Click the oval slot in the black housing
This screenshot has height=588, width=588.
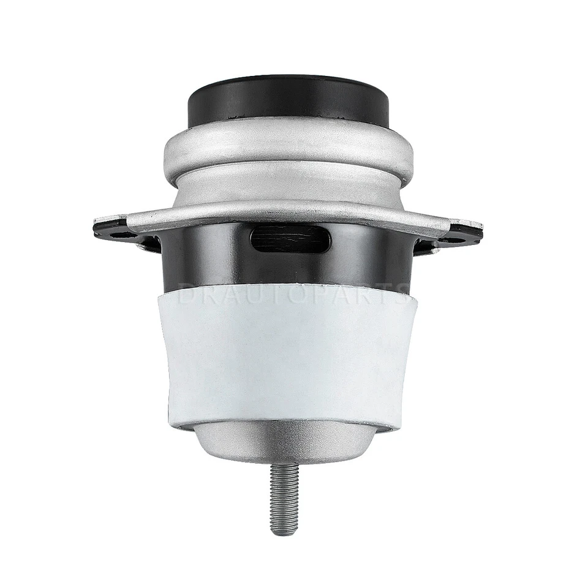pyautogui.click(x=291, y=238)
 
